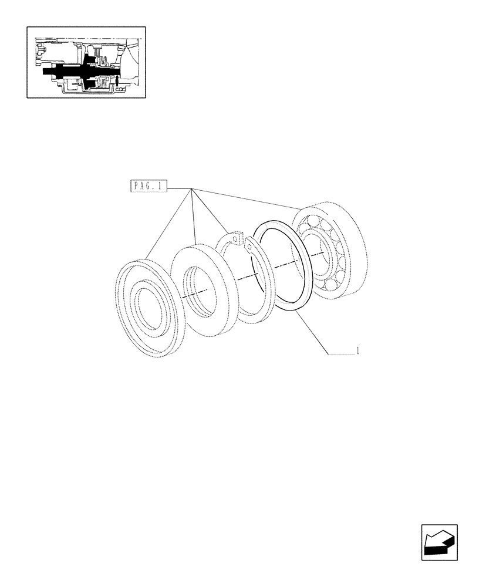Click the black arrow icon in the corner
439,543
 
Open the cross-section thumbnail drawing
86,62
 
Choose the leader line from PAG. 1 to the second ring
193,217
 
